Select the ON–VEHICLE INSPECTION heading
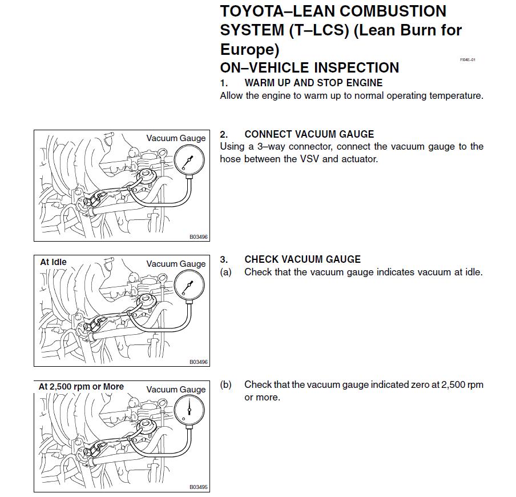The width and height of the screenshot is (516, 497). coord(309,67)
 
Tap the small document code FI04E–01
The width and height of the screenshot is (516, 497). coord(467,60)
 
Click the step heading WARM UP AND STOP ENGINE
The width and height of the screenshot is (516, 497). coord(313,83)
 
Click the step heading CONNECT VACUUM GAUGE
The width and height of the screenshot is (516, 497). coord(309,134)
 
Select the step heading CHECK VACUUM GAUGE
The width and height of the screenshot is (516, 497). coord(303,259)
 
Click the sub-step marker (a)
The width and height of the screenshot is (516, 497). coord(226,272)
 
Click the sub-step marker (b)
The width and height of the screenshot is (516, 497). coord(226,384)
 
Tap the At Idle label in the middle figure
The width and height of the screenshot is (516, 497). coord(53,262)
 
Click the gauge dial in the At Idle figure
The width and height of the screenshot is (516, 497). coord(190,284)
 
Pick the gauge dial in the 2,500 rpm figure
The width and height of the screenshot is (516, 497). coord(190,410)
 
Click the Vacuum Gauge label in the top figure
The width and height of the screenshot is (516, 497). coord(176,138)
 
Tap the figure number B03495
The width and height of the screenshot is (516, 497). coord(199,487)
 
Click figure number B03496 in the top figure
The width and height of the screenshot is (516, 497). coord(199,237)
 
